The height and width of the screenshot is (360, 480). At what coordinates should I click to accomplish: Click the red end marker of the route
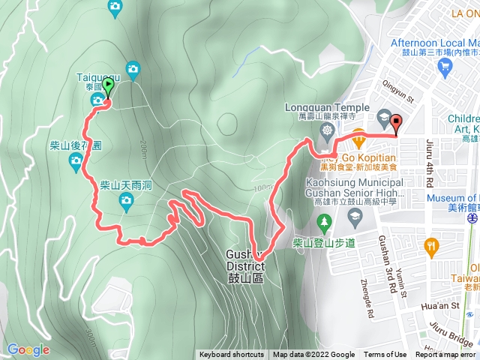coord(395,124)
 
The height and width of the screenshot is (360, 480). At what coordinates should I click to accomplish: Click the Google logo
coord(28,349)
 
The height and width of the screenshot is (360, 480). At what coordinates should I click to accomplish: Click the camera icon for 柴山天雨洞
coord(126,199)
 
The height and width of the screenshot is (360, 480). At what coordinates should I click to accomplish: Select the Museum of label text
coord(451,198)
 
